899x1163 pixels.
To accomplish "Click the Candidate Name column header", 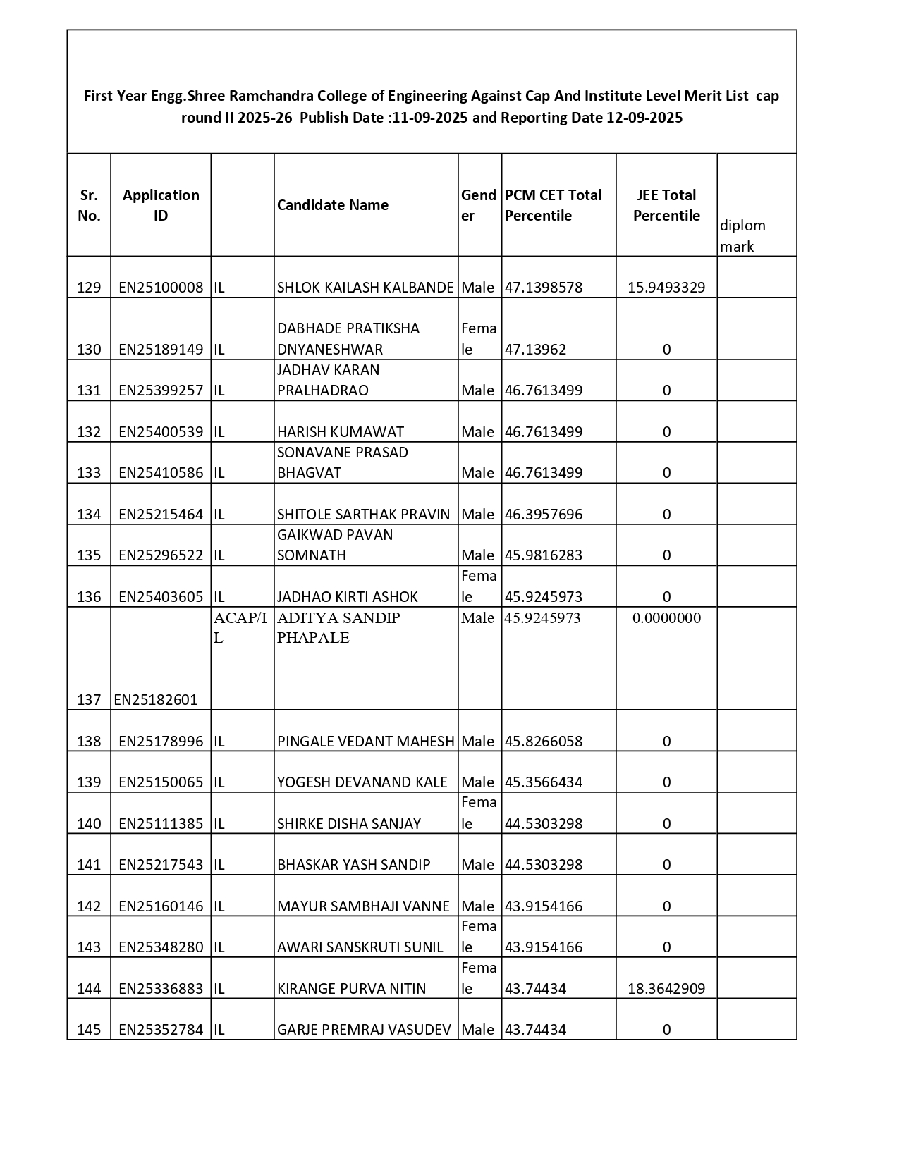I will coord(333,205).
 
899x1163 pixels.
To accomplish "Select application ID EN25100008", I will coord(161,288).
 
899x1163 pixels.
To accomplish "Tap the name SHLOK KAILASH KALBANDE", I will coord(365,288).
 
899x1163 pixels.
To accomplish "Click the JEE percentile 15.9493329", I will coord(666,288).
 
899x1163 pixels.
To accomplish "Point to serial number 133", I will coord(89,473).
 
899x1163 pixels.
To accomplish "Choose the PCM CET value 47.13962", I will coord(536,350).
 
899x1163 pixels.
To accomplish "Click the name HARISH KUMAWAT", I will coord(341,432).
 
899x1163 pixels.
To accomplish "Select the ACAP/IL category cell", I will coord(240,627).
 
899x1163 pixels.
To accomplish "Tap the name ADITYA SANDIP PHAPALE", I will coord(338,627).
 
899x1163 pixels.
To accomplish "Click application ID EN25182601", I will coord(156,700).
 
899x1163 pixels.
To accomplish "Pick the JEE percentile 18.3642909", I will coord(666,989).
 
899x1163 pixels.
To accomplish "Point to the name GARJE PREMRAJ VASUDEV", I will coord(364,1030).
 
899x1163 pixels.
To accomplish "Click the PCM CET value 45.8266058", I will coord(544,742).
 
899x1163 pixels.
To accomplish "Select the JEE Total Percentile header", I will coord(666,205).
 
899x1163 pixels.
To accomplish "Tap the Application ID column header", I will coord(161,205).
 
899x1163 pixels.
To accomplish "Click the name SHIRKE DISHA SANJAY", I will coord(349,824).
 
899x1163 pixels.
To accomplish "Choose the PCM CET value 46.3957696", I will coord(544,515).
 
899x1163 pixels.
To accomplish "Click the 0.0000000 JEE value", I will coord(666,618).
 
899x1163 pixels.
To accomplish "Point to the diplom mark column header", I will coord(742,236).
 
